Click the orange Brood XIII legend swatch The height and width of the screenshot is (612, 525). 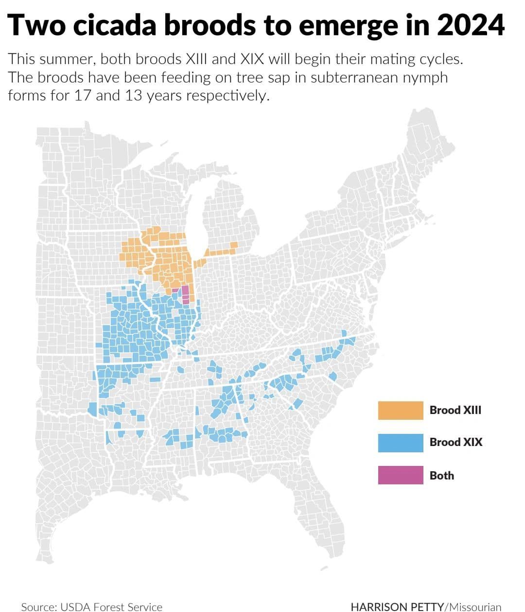point(401,410)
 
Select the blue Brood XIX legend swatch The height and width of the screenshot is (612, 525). point(401,443)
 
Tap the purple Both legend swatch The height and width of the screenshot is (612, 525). point(401,475)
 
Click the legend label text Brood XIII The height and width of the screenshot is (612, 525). point(455,410)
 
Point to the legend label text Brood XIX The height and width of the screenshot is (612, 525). point(455,442)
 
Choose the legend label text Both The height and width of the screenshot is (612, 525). point(441,476)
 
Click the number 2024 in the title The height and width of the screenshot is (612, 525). point(470,25)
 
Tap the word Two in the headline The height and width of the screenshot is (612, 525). point(36,25)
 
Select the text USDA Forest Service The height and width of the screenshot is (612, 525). point(111,607)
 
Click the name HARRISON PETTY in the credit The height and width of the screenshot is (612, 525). point(397,607)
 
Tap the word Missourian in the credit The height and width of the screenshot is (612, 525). point(475,607)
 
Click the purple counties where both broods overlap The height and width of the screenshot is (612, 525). point(185,294)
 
